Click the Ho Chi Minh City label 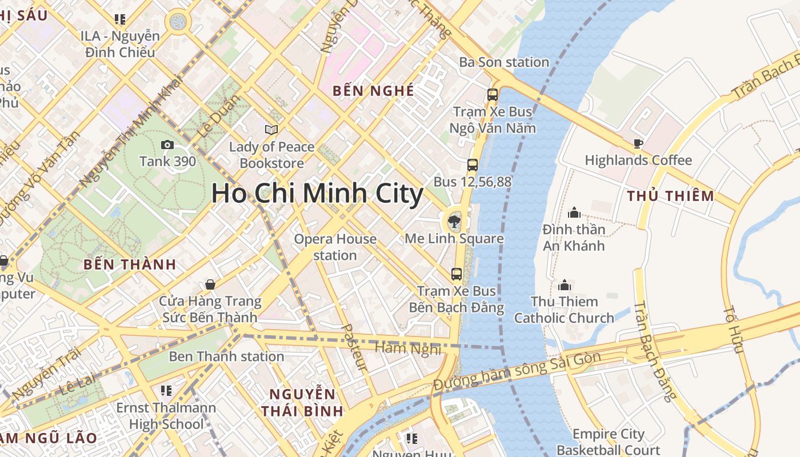317,194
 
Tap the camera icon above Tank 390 167,145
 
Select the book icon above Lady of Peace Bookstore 271,130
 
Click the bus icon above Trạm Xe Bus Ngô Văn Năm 493,95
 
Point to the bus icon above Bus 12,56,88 472,165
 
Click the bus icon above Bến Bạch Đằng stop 456,274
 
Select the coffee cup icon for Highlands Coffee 638,143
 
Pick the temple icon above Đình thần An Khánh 574,213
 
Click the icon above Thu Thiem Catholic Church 565,285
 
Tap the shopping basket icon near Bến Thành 210,284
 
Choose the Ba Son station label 504,62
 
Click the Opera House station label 335,247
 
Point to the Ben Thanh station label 226,356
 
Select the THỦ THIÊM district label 670,196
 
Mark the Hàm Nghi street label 408,348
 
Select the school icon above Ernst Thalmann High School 166,391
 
